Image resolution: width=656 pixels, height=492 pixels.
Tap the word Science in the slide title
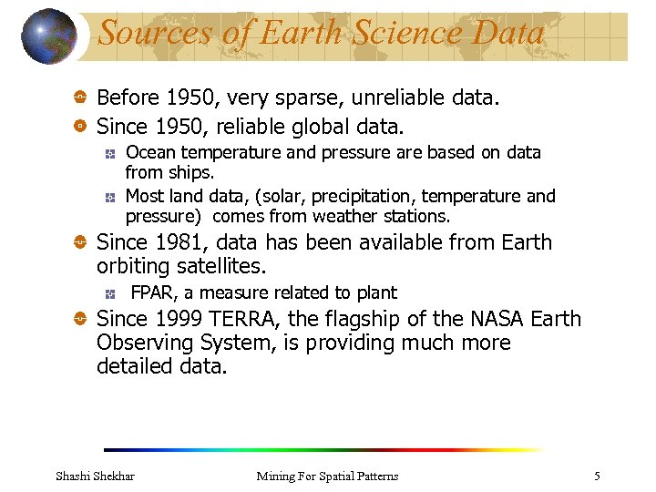405,33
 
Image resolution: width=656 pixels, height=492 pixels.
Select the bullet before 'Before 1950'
80,97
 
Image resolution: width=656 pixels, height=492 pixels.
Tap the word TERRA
241,319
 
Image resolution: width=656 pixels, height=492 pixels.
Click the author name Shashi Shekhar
95,476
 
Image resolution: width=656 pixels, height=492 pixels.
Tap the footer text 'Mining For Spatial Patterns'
327,476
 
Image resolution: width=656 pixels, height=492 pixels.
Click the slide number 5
597,476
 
